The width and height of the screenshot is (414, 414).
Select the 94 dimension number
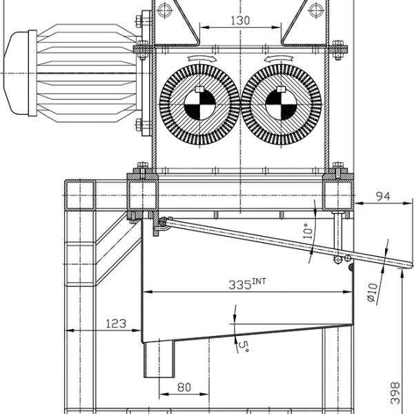pyautogui.click(x=382, y=197)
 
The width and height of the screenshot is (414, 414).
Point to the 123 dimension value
pyautogui.click(x=117, y=322)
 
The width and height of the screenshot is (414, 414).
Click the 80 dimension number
pyautogui.click(x=184, y=387)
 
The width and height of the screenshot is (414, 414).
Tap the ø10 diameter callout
pyautogui.click(x=372, y=293)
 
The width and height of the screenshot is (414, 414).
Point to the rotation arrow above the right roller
pyautogui.click(x=282, y=59)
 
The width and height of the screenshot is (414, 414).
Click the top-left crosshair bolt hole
pyautogui.click(x=163, y=9)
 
